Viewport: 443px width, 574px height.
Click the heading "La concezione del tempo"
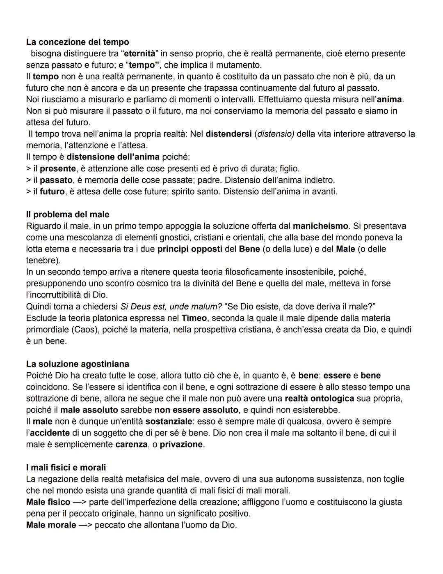tap(78, 42)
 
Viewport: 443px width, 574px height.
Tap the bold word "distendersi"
tap(228, 134)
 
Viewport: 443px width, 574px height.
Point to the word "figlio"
tap(289, 168)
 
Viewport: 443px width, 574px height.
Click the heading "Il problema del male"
tap(68, 214)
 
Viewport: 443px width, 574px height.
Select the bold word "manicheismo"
tap(320, 226)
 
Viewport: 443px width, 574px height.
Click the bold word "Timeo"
tap(194, 318)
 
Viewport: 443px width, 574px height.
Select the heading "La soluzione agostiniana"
tap(78, 364)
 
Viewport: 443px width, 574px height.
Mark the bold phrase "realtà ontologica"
tap(319, 399)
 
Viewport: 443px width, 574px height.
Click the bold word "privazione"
tap(181, 445)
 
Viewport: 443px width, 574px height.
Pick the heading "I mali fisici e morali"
tap(66, 468)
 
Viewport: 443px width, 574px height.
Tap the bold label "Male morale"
tap(51, 525)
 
